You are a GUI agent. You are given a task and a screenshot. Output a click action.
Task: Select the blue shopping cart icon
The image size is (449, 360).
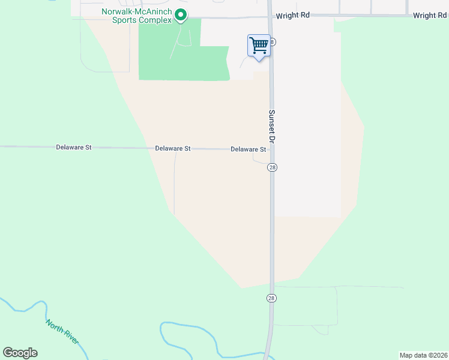(259, 45)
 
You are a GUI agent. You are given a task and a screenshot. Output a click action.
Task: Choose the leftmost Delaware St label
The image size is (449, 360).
(74, 147)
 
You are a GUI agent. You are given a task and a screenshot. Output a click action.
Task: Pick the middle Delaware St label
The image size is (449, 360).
(173, 148)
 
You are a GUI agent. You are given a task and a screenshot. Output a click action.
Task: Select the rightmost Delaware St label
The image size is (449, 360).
(248, 149)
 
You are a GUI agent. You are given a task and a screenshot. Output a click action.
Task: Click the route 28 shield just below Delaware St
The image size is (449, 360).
(272, 168)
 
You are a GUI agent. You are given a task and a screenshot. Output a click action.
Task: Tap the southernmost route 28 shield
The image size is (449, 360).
(271, 298)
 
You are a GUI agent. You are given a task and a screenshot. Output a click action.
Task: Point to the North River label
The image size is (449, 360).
(62, 331)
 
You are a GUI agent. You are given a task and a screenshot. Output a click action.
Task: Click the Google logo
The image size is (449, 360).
(20, 353)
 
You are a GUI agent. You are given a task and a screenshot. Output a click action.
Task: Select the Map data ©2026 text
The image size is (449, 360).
(423, 355)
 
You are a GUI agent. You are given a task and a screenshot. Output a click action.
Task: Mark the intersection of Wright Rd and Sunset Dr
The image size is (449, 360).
(270, 17)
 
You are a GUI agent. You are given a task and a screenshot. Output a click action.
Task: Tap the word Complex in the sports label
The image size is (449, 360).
(155, 20)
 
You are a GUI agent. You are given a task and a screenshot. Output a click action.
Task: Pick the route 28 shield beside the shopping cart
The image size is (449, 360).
(273, 42)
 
